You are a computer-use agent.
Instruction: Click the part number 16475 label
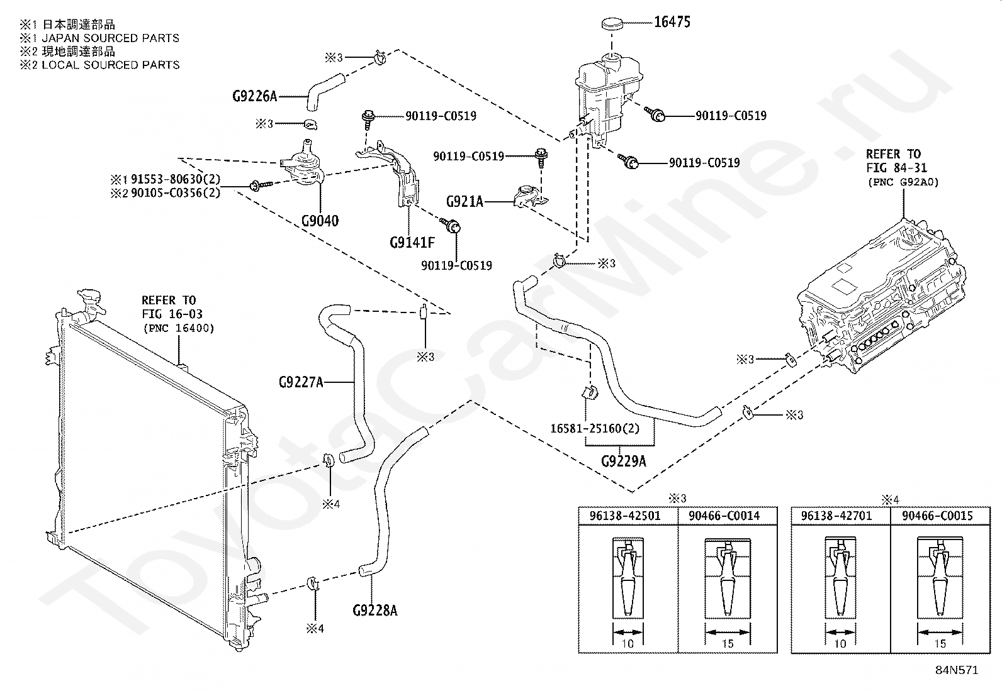pos(672,22)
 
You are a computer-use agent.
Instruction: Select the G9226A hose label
pos(254,96)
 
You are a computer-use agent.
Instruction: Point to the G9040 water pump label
pos(320,221)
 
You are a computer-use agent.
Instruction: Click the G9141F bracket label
pos(412,242)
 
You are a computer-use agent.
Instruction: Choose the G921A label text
pos(464,202)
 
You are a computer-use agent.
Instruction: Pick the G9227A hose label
pos(301,382)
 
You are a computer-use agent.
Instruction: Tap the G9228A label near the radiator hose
pos(375,610)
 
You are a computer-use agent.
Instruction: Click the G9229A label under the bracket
pos(624,461)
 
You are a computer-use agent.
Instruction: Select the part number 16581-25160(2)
pos(595,428)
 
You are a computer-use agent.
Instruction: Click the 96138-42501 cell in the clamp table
pos(625,516)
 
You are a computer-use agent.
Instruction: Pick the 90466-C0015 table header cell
pos(937,516)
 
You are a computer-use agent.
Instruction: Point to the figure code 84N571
pos(957,670)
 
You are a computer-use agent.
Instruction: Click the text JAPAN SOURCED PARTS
pos(111,38)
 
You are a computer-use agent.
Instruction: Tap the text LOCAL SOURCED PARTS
pos(111,65)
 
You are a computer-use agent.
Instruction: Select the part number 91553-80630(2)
pos(176,179)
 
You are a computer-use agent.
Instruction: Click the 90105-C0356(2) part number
pos(176,193)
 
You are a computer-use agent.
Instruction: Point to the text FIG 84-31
pos(896,168)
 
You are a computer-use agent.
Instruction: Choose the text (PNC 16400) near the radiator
pos(179,328)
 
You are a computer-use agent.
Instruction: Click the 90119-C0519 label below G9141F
pos(456,265)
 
